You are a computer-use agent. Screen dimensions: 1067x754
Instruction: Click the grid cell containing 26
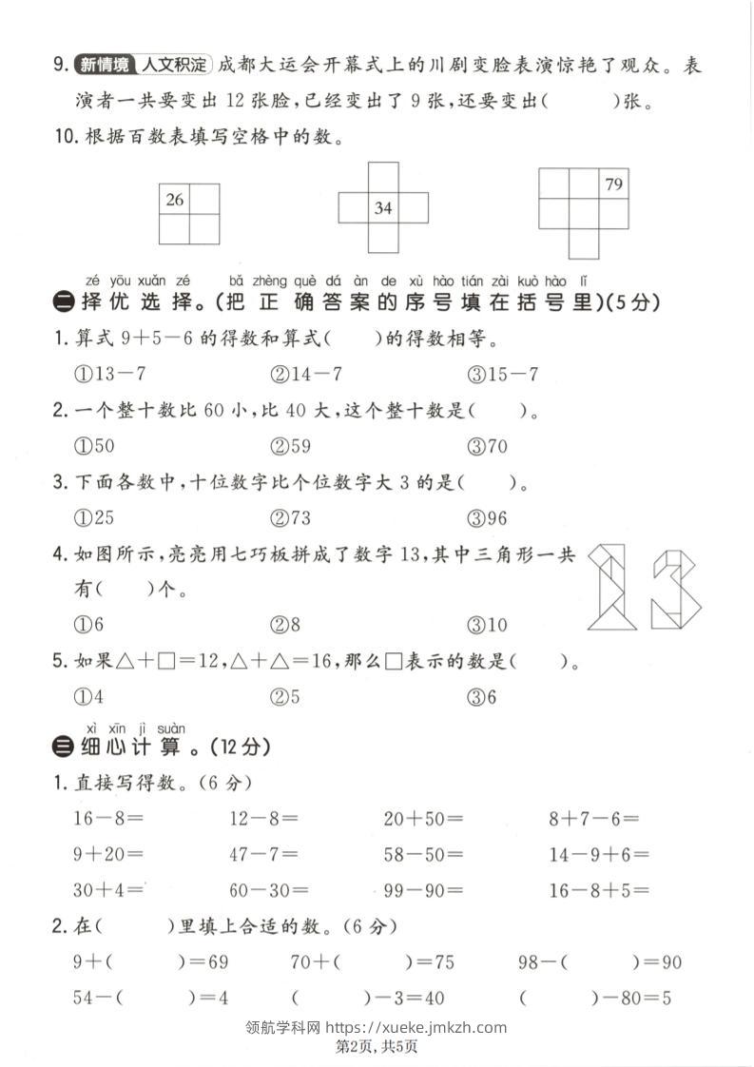tap(175, 200)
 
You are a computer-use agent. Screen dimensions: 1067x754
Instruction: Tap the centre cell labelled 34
tap(383, 207)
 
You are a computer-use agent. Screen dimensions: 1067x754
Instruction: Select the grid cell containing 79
tap(613, 184)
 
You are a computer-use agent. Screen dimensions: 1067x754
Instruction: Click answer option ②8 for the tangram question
tap(285, 625)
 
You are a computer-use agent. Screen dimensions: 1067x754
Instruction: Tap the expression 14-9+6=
tap(599, 854)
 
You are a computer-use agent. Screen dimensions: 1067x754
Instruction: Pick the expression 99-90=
tap(423, 890)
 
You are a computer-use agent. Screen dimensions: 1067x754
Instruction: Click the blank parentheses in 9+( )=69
tap(144, 962)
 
